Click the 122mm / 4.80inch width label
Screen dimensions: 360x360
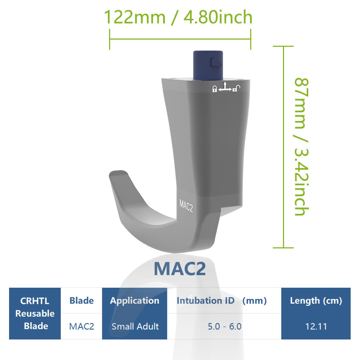pos(178,17)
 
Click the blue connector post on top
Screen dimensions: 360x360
pos(208,65)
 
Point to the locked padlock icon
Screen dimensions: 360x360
pos(215,89)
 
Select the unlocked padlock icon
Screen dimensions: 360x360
pos(236,88)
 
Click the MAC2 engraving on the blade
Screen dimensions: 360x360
pos(186,206)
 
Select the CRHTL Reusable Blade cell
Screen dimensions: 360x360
pos(35,313)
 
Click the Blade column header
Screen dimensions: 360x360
pos(81,301)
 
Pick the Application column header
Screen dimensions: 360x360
pos(135,301)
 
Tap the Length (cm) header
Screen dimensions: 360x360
pos(316,301)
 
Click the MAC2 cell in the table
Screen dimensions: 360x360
pos(81,327)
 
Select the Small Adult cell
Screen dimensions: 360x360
pos(135,327)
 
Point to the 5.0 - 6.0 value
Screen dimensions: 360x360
pos(224,327)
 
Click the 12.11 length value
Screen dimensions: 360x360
pos(316,327)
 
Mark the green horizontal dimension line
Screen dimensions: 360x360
pos(180,39)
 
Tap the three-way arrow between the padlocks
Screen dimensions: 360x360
pos(225,87)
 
